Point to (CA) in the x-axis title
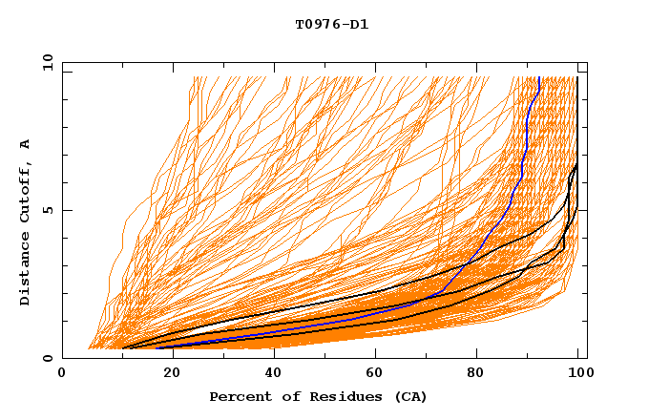point(410,396)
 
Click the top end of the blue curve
point(538,77)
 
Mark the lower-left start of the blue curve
point(157,347)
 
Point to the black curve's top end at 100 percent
point(577,77)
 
